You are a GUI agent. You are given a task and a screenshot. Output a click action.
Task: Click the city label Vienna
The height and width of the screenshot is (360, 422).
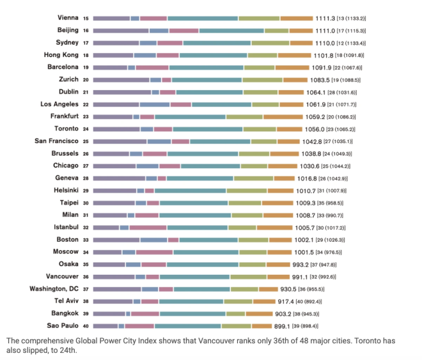pos(68,17)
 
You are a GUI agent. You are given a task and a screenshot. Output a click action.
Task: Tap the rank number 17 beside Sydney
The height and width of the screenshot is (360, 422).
pos(86,43)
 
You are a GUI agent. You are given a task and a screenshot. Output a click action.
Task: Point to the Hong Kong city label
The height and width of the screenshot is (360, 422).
pos(62,55)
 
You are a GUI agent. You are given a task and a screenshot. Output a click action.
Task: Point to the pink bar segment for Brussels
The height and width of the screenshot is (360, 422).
pos(155,153)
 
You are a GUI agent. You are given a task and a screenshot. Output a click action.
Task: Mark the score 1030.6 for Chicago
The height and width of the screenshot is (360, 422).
pos(318,166)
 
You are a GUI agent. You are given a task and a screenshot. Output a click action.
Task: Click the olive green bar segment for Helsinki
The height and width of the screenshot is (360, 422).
pos(246,191)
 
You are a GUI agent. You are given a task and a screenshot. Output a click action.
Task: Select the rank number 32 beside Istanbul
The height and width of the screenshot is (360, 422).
pos(86,228)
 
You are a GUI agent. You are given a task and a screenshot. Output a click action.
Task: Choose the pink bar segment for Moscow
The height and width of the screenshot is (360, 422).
pos(154,252)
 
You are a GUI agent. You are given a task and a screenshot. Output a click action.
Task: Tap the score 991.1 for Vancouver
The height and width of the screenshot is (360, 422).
pos(309,277)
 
